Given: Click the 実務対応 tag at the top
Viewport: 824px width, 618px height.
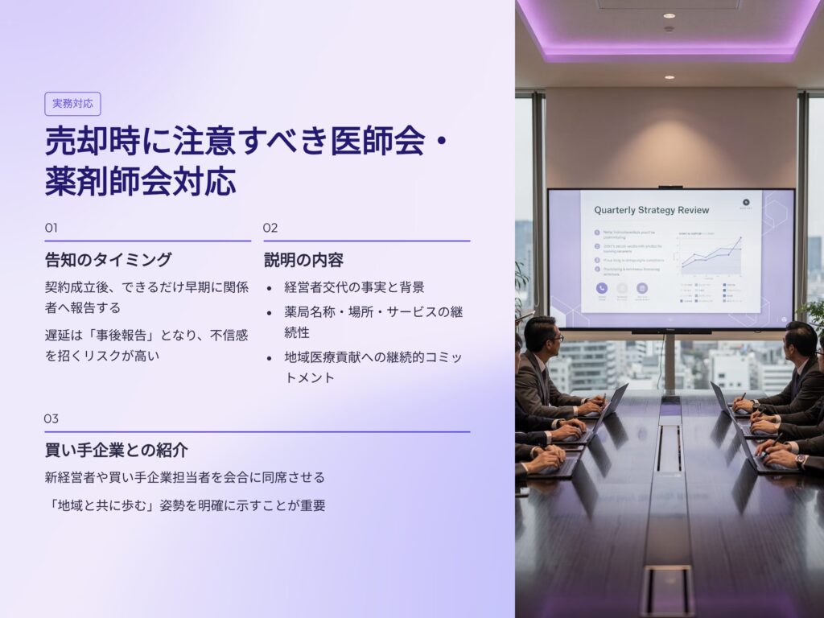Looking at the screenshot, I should [72, 104].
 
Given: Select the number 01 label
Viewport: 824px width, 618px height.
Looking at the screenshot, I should [51, 228].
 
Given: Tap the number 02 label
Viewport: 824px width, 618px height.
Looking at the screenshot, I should [270, 228].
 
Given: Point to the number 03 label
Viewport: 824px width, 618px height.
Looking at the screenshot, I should [51, 418].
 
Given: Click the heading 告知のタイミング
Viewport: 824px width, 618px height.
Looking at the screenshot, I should [108, 260].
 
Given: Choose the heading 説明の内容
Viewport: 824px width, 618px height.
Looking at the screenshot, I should [304, 260].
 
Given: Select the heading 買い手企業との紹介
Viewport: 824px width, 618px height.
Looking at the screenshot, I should [117, 450].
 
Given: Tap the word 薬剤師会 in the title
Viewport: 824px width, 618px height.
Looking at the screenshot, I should [102, 182].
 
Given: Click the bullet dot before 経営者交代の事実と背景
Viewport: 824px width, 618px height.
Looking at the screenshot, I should [269, 287].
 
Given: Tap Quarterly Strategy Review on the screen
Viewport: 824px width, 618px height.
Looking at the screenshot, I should [651, 210].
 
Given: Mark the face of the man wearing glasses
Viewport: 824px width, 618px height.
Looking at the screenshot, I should [548, 338].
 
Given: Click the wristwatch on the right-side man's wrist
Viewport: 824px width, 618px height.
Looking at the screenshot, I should [800, 460].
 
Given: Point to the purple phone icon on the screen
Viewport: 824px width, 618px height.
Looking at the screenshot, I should [601, 288].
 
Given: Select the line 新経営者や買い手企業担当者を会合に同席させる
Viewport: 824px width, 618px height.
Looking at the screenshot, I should [185, 477].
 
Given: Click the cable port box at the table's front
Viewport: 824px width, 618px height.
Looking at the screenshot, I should [667, 590].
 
